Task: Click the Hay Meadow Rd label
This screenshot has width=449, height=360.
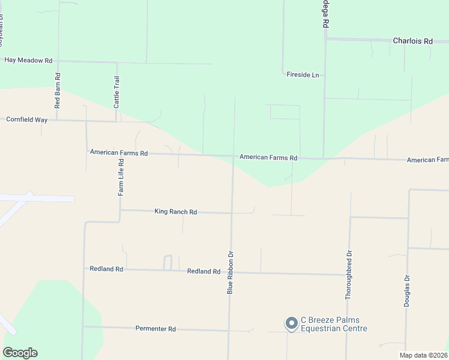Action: click(29, 61)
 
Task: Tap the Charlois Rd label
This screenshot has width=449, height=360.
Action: click(412, 41)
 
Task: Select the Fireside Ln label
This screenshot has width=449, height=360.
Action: click(303, 75)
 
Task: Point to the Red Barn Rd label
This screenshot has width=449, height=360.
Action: click(58, 91)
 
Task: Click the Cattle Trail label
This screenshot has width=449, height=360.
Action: click(117, 92)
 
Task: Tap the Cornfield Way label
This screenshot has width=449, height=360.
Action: click(26, 120)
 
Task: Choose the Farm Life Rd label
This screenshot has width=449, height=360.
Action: click(121, 178)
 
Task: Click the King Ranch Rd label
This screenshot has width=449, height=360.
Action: click(176, 212)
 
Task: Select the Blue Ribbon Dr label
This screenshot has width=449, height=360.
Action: click(229, 272)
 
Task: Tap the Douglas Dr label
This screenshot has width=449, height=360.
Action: click(406, 291)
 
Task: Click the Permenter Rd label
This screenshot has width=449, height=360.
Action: click(155, 329)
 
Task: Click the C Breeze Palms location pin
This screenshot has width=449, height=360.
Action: click(291, 323)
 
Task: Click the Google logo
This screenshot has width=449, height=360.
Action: click(20, 352)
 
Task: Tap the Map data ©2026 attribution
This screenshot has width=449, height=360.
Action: click(423, 355)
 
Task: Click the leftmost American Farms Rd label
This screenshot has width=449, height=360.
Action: click(118, 153)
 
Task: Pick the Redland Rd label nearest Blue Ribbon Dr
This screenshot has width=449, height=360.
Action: click(203, 272)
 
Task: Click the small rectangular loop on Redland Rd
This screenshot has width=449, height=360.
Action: click(168, 262)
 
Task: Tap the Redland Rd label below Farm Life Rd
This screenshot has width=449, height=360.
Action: click(106, 269)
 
